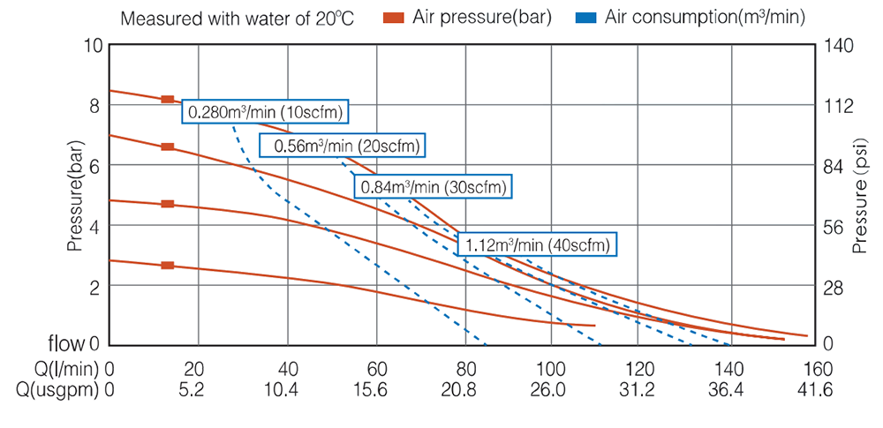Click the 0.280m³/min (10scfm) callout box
tap(266, 111)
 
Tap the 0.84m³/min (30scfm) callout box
tap(434, 186)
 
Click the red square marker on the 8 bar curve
tap(168, 99)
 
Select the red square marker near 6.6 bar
tap(168, 146)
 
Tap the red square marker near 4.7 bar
tap(168, 204)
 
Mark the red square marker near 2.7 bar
tap(168, 265)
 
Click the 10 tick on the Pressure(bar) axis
tap(93, 45)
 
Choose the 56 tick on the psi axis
tap(835, 226)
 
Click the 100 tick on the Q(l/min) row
tap(551, 368)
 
